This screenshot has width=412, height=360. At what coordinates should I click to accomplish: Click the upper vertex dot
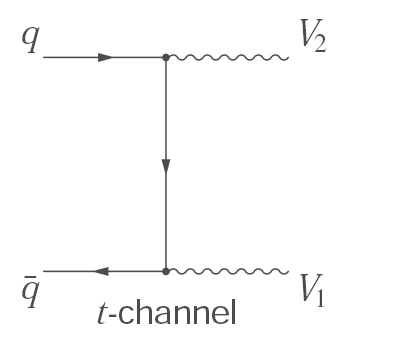[165, 57]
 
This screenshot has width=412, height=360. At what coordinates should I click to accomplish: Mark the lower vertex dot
[165, 270]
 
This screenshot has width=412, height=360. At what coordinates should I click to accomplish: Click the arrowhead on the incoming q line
[106, 57]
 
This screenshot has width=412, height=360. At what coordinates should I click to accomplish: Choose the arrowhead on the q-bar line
[102, 270]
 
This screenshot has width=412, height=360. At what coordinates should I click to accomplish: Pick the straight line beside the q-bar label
[70, 270]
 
